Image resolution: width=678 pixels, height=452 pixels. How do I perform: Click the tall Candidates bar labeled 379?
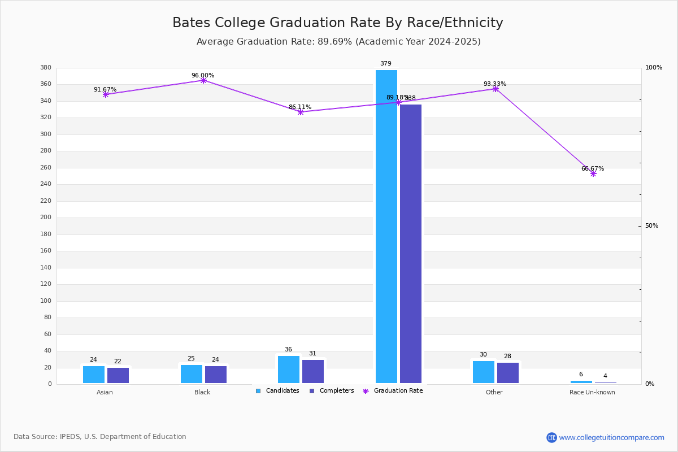point(386,226)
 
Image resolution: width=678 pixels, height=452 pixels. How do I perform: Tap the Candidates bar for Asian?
point(94,375)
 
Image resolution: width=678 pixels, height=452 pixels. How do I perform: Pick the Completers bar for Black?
point(216,375)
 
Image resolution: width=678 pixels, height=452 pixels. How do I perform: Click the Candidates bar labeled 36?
point(289,370)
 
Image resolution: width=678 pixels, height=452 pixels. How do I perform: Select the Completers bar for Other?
point(508,373)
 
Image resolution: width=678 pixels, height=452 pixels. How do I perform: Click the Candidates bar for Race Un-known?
point(581,382)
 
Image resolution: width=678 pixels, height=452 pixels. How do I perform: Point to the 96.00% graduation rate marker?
point(203,80)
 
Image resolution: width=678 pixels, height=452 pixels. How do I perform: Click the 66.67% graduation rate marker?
point(593,173)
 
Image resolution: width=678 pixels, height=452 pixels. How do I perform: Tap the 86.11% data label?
point(300,107)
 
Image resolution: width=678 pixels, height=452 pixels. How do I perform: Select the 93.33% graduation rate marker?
point(496,89)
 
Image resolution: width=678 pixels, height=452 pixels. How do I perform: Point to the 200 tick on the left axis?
point(46,218)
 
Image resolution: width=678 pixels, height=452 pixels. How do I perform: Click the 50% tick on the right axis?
point(651,226)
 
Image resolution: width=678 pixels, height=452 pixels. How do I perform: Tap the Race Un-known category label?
point(592,392)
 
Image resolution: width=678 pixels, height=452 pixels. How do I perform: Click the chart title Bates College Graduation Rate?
point(338,23)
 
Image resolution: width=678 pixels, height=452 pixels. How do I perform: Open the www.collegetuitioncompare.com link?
point(611,437)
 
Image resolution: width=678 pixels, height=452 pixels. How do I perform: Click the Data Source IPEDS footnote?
point(100,437)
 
